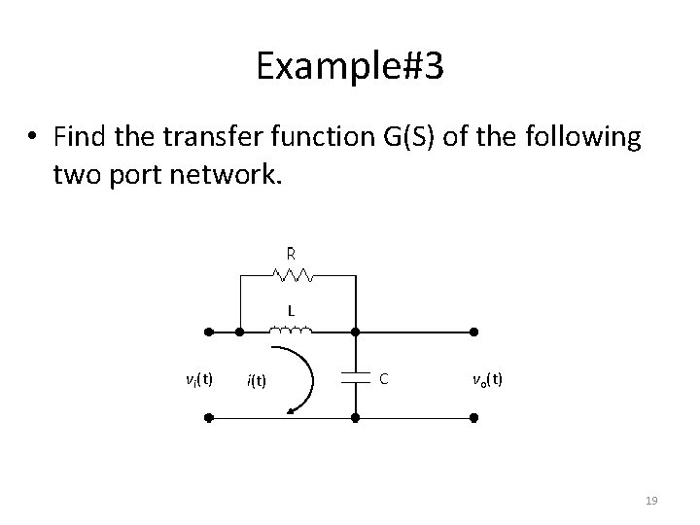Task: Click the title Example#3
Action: (349, 65)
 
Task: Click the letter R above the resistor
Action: (290, 253)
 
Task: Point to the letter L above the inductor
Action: (290, 311)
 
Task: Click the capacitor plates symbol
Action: (355, 378)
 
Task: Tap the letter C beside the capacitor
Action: (384, 377)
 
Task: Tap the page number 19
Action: (652, 500)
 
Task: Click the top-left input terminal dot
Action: (208, 332)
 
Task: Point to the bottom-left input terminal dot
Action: (208, 418)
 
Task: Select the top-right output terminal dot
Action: (474, 332)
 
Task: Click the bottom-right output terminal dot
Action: (474, 418)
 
